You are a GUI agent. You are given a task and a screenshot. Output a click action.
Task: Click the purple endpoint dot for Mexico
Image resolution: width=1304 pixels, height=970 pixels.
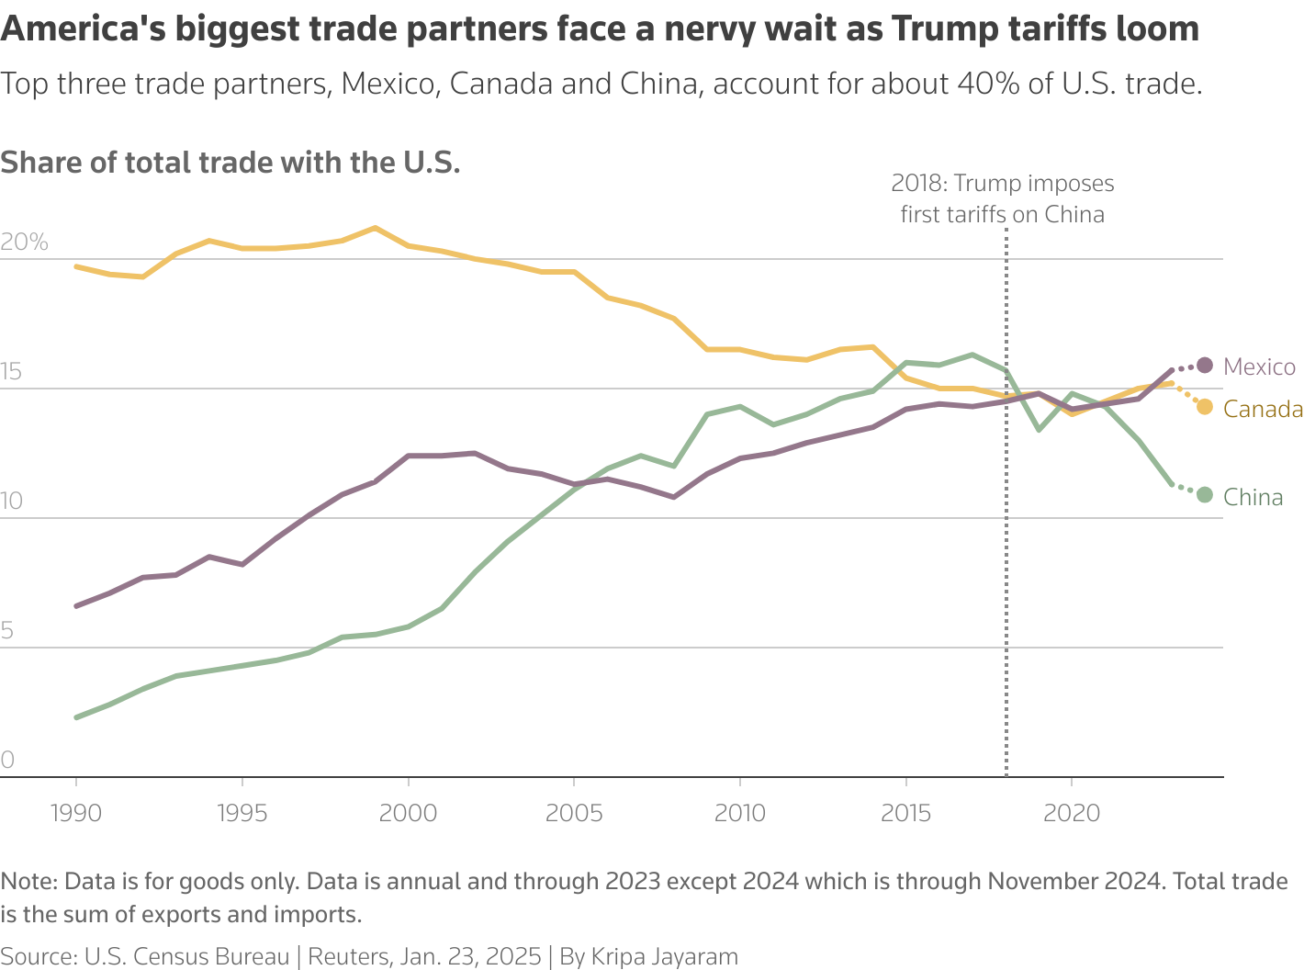(1205, 366)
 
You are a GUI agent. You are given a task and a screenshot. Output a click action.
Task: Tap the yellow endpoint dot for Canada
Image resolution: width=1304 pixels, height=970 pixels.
(1205, 407)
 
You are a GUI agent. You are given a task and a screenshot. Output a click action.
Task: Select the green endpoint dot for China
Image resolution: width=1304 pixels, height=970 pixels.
(1205, 495)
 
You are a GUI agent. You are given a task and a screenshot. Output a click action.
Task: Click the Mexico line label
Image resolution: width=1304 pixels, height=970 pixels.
(1259, 367)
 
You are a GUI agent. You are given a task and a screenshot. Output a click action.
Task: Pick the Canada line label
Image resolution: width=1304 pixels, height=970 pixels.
(1263, 410)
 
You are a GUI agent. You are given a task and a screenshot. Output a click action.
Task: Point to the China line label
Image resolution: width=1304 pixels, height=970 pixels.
(1253, 498)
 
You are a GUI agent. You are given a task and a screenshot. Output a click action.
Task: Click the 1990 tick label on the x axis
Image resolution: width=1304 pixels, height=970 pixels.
(75, 813)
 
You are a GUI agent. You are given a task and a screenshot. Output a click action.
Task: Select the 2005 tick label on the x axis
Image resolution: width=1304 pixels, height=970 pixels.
(574, 813)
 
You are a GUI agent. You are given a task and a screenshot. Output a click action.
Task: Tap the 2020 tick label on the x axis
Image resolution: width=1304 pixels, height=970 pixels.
(1072, 813)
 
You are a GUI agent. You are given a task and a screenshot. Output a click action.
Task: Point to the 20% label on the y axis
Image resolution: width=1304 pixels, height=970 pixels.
(24, 242)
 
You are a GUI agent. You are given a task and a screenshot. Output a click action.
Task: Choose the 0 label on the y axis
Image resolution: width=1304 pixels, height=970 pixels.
(8, 761)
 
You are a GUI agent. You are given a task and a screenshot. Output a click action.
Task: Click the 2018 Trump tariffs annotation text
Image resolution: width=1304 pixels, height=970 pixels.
(1003, 198)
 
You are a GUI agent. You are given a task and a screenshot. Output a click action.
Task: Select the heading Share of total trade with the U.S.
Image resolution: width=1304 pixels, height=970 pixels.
(230, 163)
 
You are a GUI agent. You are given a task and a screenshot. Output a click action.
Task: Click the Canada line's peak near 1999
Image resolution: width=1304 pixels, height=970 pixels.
(374, 228)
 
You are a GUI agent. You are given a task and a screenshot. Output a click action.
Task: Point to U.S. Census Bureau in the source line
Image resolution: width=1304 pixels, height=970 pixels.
(186, 956)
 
